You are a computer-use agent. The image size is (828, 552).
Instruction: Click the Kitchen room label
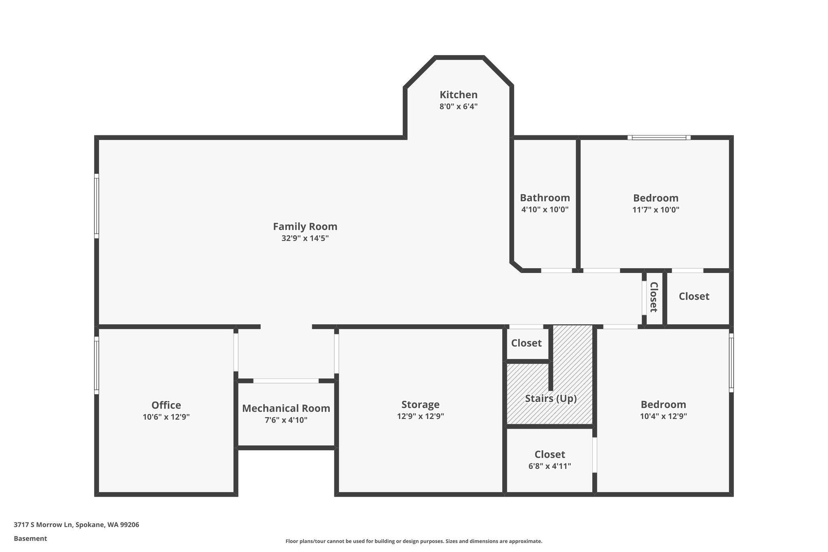click(x=458, y=95)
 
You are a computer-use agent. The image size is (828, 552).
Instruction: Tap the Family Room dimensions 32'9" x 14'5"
click(x=305, y=238)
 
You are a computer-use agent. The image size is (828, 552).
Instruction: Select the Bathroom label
click(x=545, y=198)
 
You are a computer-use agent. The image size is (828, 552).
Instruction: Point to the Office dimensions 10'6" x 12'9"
click(x=166, y=417)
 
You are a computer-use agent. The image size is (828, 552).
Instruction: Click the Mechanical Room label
click(x=286, y=408)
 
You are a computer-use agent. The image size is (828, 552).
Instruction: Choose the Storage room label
click(x=420, y=404)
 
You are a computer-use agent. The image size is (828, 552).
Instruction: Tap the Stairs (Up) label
click(x=551, y=398)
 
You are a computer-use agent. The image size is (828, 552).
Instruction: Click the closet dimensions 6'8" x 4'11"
click(x=549, y=466)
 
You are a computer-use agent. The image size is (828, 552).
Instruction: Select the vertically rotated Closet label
click(x=654, y=297)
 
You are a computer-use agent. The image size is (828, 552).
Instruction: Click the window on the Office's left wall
click(x=97, y=366)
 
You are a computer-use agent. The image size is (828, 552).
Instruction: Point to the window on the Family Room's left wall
click(x=97, y=206)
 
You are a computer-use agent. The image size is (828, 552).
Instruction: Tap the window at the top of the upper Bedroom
click(x=659, y=137)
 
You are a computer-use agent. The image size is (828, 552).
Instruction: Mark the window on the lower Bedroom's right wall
click(x=731, y=363)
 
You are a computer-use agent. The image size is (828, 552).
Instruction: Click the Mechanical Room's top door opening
click(x=286, y=381)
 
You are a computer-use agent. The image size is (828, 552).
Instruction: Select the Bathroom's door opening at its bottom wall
click(x=557, y=271)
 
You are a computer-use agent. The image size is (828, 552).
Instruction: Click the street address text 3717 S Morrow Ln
click(x=43, y=525)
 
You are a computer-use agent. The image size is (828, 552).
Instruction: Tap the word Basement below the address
click(x=30, y=539)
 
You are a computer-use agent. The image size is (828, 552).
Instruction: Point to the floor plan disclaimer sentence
click(x=414, y=541)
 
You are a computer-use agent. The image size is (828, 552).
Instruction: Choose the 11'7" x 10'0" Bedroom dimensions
click(x=656, y=210)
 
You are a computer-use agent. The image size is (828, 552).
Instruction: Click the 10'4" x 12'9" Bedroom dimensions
click(x=663, y=416)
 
